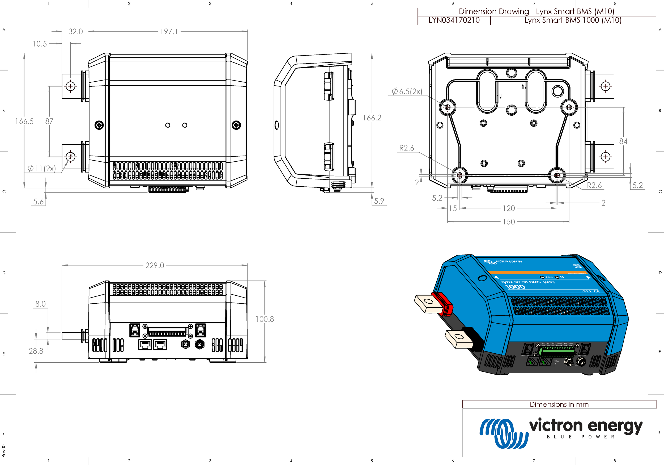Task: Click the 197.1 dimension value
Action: click(169, 32)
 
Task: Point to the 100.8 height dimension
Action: click(264, 319)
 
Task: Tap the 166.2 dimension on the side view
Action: click(372, 118)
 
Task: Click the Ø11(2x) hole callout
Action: click(42, 168)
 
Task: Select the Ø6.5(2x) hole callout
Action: click(407, 91)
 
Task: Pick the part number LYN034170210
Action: click(454, 20)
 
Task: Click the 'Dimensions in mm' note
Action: click(559, 404)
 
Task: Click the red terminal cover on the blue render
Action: click(442, 303)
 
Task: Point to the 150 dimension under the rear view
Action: click(508, 222)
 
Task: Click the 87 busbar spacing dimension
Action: click(49, 121)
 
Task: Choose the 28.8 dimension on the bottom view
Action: click(36, 351)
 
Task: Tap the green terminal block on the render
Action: click(556, 351)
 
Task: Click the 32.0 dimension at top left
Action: click(75, 32)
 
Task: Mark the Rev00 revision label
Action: click(3, 451)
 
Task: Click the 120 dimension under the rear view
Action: click(508, 208)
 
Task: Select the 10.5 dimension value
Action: click(40, 44)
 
